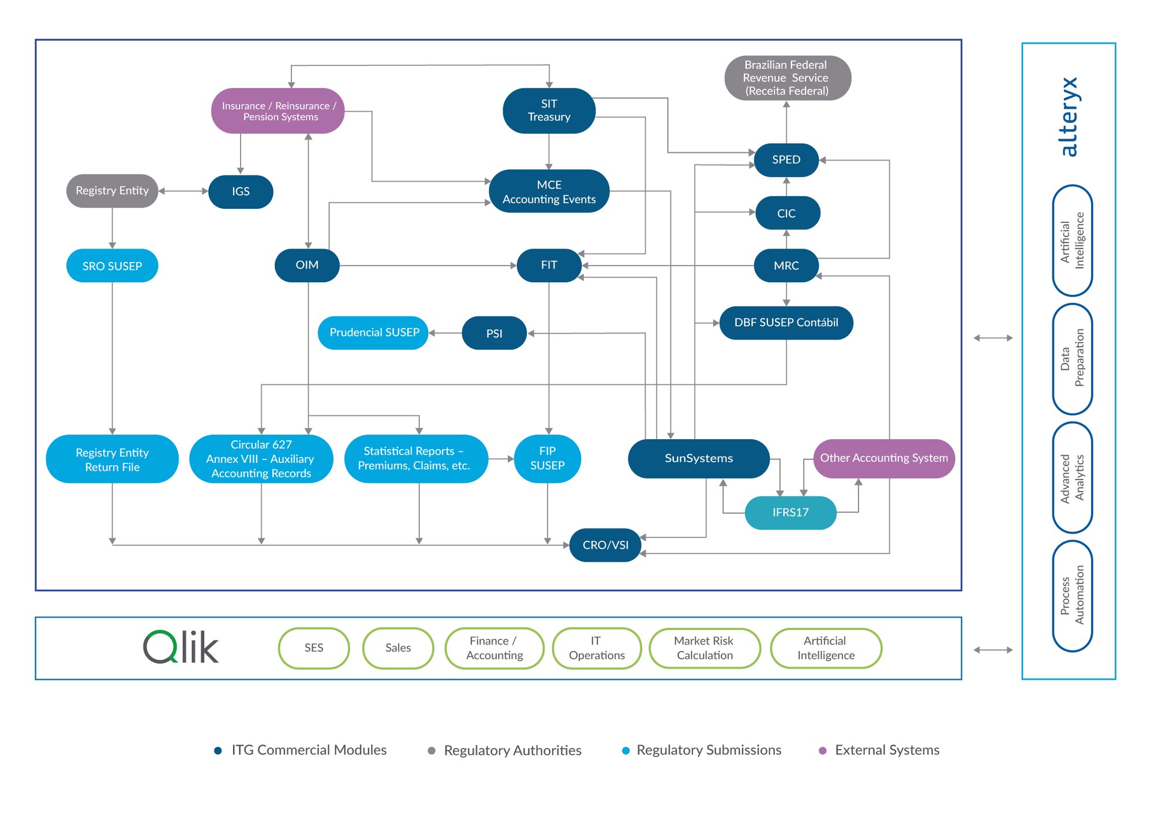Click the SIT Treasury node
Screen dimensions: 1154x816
pos(549,110)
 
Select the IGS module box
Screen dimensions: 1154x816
pos(241,192)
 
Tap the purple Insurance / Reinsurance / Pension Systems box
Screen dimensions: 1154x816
pos(278,111)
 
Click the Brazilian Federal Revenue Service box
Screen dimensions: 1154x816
pos(788,78)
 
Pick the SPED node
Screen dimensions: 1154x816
pos(786,160)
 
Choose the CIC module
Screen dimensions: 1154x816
pos(786,213)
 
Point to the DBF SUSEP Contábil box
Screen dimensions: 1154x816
pos(786,323)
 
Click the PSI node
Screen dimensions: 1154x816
pos(494,333)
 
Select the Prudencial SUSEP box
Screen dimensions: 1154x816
pos(373,332)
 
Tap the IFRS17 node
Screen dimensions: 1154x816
pos(790,512)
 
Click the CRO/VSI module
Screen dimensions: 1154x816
pos(605,545)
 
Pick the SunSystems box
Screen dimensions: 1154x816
pos(699,458)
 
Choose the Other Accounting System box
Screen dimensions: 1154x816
pos(884,458)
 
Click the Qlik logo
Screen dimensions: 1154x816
pos(181,647)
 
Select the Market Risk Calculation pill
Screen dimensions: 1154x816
pos(705,648)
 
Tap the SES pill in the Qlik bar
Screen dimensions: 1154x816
pos(314,648)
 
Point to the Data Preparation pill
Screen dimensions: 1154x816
pos(1072,358)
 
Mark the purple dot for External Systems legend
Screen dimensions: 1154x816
pos(823,750)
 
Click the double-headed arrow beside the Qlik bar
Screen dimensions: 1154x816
pos(993,650)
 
